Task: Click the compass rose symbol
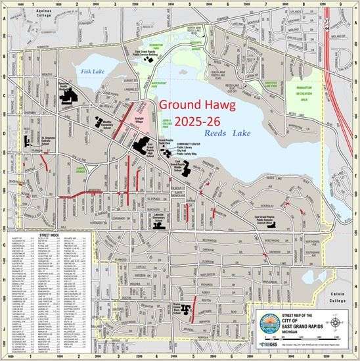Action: pyautogui.click(x=336, y=322)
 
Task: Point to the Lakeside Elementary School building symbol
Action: pyautogui.click(x=158, y=222)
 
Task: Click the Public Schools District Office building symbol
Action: pyautogui.click(x=280, y=224)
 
